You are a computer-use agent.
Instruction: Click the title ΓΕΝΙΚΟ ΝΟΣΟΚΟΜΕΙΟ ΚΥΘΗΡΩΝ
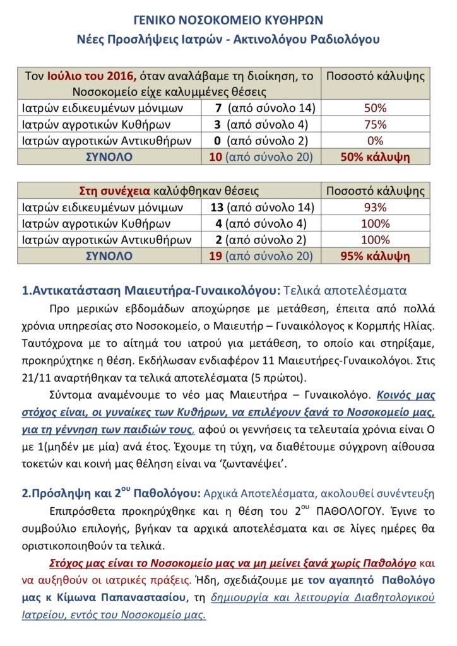[228, 21]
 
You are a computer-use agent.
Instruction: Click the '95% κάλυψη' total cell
[375, 256]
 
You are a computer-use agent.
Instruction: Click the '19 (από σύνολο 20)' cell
[261, 256]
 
